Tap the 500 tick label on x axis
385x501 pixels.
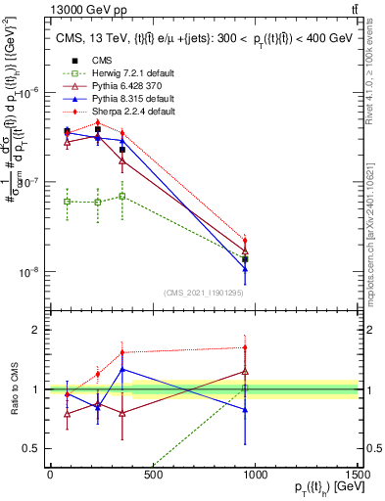[x=153, y=475]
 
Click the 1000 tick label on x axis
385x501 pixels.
[x=256, y=475]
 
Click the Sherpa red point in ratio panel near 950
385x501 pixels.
[x=245, y=347]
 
